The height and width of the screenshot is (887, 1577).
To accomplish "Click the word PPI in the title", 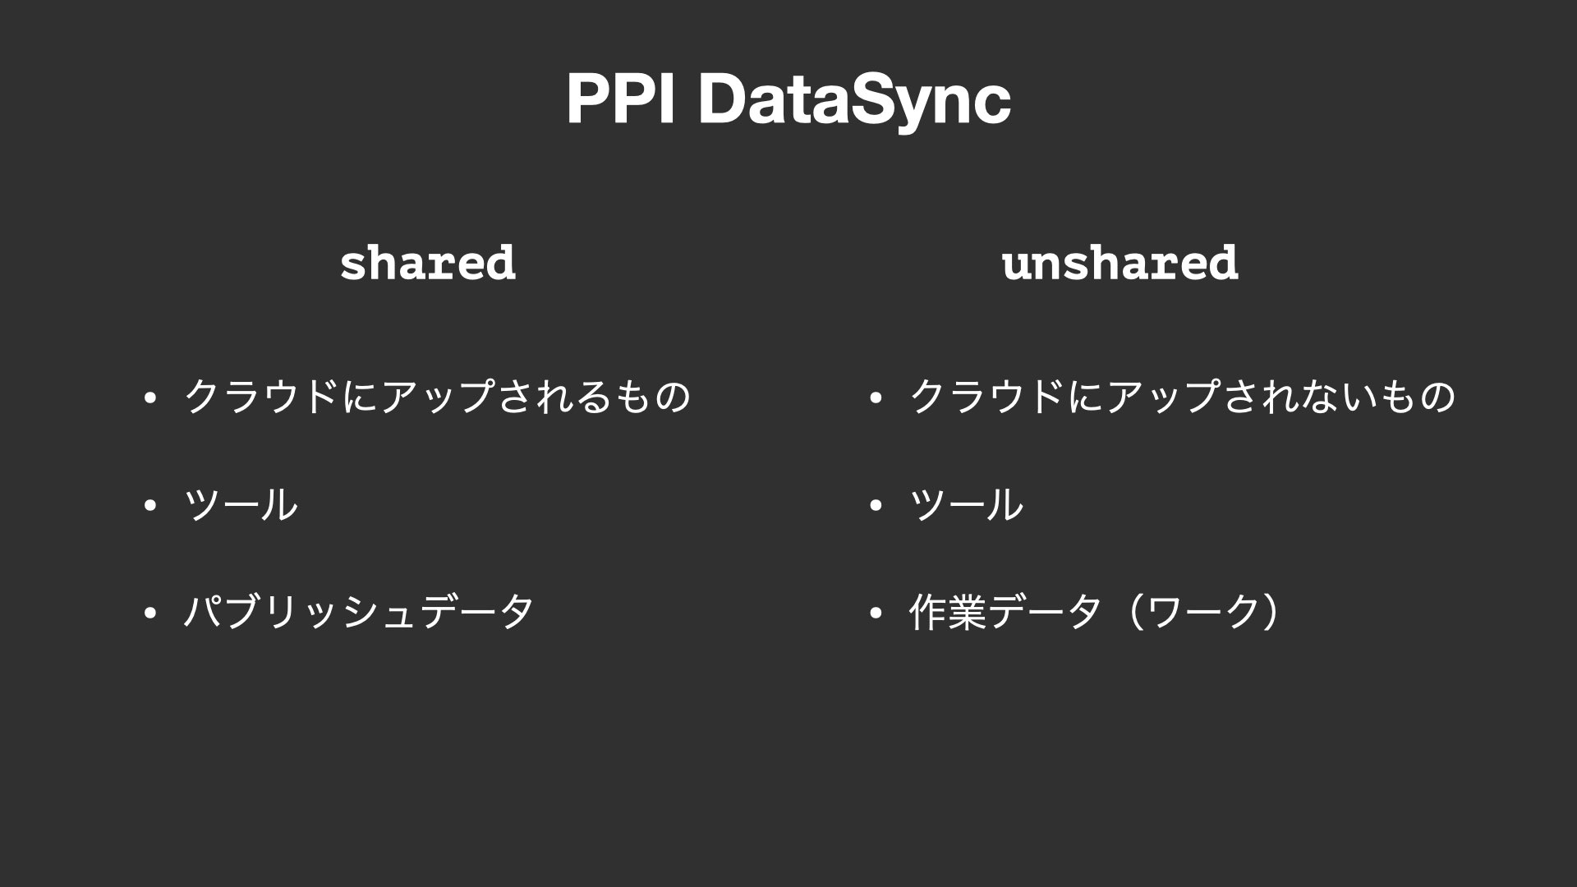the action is coord(621,99).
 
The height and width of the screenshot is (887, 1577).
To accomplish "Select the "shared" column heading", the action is coord(428,263).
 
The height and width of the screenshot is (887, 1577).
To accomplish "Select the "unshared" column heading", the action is coord(1120,263).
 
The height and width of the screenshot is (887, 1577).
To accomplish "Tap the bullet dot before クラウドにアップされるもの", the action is coord(149,399).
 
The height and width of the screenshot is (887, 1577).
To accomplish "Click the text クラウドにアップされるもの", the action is coord(438,397).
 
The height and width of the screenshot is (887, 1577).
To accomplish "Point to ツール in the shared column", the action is coord(241,504).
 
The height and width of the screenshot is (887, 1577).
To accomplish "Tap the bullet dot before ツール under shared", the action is coord(149,506).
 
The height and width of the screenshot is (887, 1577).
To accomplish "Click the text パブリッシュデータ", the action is coord(359,612).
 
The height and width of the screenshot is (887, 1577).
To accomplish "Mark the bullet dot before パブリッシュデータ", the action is coord(149,614).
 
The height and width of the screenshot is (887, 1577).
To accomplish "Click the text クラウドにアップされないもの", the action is coord(1183,397).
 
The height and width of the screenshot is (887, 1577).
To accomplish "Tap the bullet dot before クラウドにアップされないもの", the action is coord(876,399).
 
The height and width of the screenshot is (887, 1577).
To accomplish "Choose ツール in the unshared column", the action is coord(967,504).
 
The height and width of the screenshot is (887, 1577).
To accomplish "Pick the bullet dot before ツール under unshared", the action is coord(876,506).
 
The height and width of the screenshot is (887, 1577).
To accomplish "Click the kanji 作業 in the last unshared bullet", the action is coord(949,612).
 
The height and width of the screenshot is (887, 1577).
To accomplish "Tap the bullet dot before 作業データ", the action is coord(876,614).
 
